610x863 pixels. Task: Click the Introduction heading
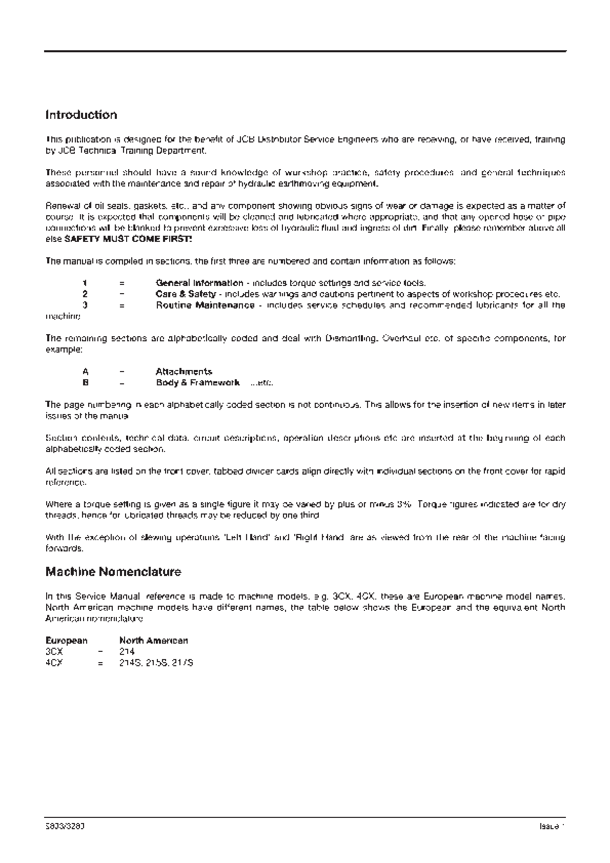click(x=82, y=115)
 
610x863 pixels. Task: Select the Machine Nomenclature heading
click(x=113, y=572)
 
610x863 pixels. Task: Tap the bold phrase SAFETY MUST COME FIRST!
click(x=129, y=239)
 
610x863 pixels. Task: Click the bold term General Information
click(x=199, y=283)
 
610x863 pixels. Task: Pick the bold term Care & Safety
click(x=186, y=294)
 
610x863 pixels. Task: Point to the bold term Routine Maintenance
click(x=205, y=305)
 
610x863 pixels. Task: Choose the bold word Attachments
click(x=184, y=372)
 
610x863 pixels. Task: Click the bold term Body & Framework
click(x=198, y=383)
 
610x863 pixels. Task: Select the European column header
click(x=67, y=641)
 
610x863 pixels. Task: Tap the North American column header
click(x=154, y=641)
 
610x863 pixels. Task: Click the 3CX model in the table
click(x=54, y=652)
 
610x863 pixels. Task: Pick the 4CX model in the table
click(x=54, y=663)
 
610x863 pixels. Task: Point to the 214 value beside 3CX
click(x=127, y=652)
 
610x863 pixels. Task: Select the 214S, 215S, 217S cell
click(x=156, y=663)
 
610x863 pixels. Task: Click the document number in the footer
click(x=65, y=827)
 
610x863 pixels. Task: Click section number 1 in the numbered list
click(x=85, y=283)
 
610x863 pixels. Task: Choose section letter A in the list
click(x=85, y=372)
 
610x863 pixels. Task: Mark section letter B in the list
click(x=85, y=383)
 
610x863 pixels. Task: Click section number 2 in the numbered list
click(x=85, y=294)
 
